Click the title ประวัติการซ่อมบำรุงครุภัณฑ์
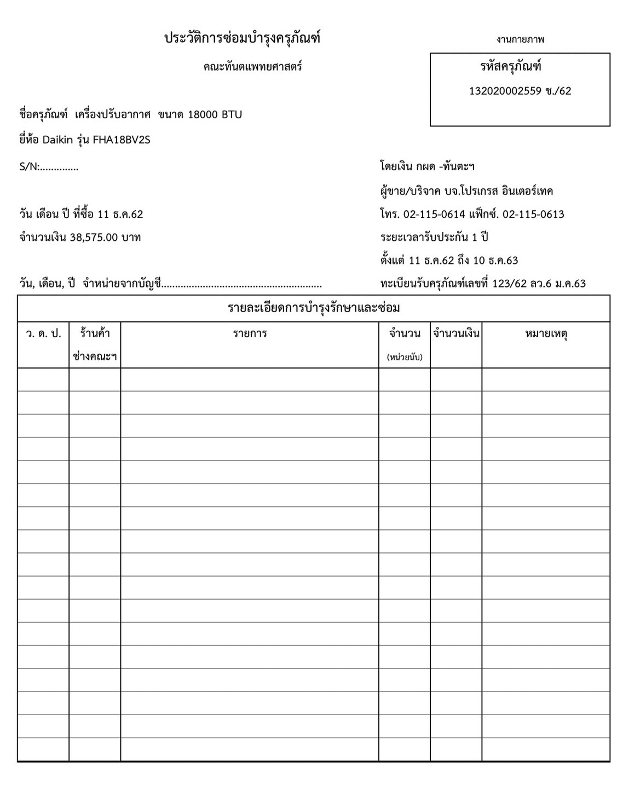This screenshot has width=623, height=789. pos(242,38)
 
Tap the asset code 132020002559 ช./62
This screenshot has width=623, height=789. pos(520,91)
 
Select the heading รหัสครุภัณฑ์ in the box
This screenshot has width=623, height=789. pos(510,67)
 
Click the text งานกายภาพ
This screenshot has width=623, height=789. pos(520,39)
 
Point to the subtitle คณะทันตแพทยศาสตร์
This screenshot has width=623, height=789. pos(252,67)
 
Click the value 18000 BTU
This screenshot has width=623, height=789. pos(215,115)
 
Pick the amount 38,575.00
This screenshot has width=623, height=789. pos(94,238)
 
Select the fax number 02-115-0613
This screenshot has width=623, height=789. pos(533,214)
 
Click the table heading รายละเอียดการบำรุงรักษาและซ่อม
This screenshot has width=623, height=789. pos(314,308)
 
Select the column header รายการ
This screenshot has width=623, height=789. pos(250,333)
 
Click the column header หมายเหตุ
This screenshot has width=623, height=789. pos(546,333)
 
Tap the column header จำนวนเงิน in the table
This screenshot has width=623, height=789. pos(456,333)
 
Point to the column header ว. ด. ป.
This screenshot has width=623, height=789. pos(43,333)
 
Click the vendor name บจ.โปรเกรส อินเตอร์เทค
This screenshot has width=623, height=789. pos(499,191)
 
